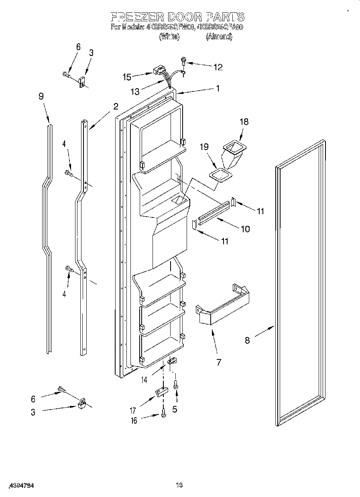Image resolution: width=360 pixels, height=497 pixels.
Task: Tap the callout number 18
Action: (244, 122)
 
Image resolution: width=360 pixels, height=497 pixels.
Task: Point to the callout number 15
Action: (127, 76)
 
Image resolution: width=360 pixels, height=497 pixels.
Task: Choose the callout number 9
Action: (41, 96)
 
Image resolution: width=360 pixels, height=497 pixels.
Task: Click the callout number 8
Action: (247, 341)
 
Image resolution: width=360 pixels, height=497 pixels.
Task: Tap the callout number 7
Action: (219, 363)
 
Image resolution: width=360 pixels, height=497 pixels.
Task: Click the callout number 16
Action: (134, 420)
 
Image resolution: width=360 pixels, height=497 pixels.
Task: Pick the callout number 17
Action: (133, 410)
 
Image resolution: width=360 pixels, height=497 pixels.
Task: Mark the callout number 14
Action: (144, 379)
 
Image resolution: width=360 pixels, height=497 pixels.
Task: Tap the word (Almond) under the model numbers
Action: (219, 37)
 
